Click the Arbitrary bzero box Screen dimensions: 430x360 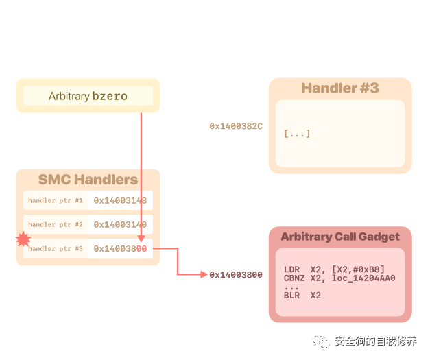coord(88,96)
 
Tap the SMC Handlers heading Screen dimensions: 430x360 coord(88,180)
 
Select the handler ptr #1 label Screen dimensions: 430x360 coord(55,200)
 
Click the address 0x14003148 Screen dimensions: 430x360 coord(120,200)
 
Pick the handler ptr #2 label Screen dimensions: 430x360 coord(55,224)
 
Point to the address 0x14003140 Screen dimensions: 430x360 coord(120,224)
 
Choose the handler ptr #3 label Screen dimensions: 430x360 coord(55,248)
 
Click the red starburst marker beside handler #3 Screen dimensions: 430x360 coord(23,239)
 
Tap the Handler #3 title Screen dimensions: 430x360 coord(339,88)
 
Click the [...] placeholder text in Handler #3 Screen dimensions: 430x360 coord(297,134)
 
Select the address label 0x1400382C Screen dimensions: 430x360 coord(236,126)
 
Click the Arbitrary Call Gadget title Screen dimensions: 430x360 coord(339,237)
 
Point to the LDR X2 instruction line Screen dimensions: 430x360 coord(334,269)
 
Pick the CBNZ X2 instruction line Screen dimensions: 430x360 coord(339,278)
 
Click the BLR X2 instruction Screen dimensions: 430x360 coord(302,296)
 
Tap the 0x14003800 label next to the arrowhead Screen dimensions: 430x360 coord(236,275)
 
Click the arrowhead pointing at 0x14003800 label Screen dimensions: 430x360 coord(204,274)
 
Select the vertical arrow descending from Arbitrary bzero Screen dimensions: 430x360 coord(141,171)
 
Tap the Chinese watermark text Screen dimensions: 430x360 coord(375,341)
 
